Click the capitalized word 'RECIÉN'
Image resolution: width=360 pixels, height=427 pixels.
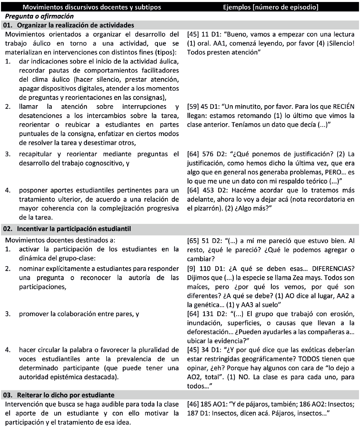[341, 107]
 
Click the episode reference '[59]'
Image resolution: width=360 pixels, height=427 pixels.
[193, 107]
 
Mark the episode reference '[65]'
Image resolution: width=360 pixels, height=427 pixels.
[193, 237]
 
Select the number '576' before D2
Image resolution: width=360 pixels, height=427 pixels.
[208, 154]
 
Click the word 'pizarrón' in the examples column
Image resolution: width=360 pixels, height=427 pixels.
[207, 209]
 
